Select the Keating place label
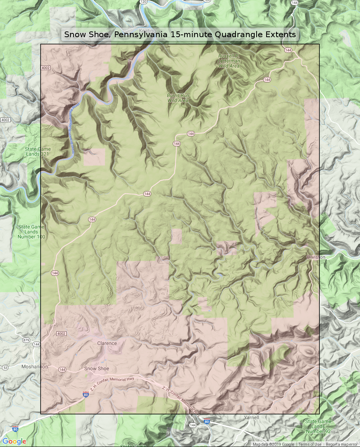[x=147, y=31]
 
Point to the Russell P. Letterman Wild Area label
[x=229, y=61]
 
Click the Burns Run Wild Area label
[x=178, y=98]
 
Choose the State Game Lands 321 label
[x=38, y=152]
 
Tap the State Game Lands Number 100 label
[x=31, y=232]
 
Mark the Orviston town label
[x=316, y=257]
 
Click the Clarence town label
[x=107, y=343]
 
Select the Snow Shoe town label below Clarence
[x=97, y=369]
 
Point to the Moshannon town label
[x=34, y=367]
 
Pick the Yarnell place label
[x=251, y=418]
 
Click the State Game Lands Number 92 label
[x=318, y=426]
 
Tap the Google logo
[x=14, y=441]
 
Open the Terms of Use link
[x=310, y=444]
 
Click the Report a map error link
[x=342, y=444]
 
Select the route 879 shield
[x=26, y=340]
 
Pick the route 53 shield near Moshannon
[x=5, y=368]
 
